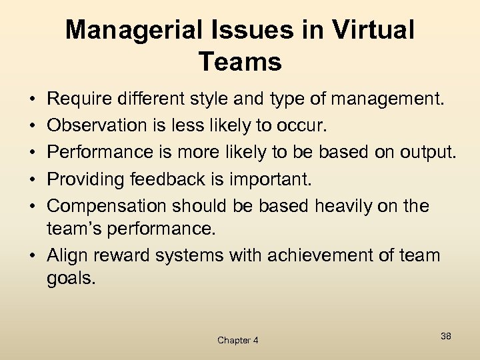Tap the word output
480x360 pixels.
coord(427,153)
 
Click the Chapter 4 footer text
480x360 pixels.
coord(237,340)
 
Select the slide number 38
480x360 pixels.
coord(445,336)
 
